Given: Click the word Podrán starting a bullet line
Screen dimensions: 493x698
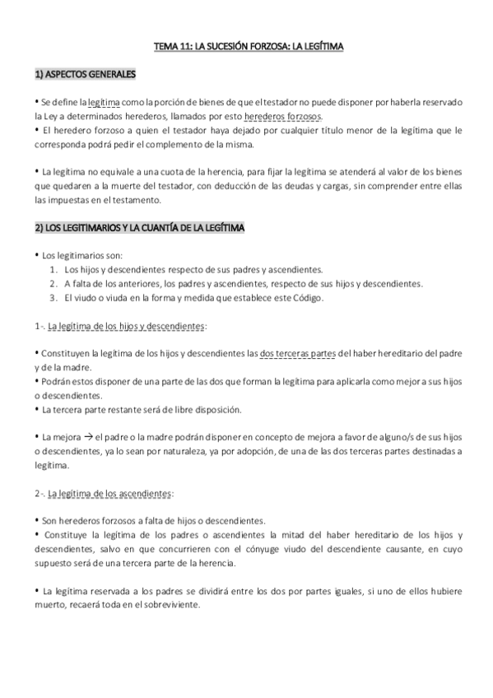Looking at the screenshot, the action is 57,381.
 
